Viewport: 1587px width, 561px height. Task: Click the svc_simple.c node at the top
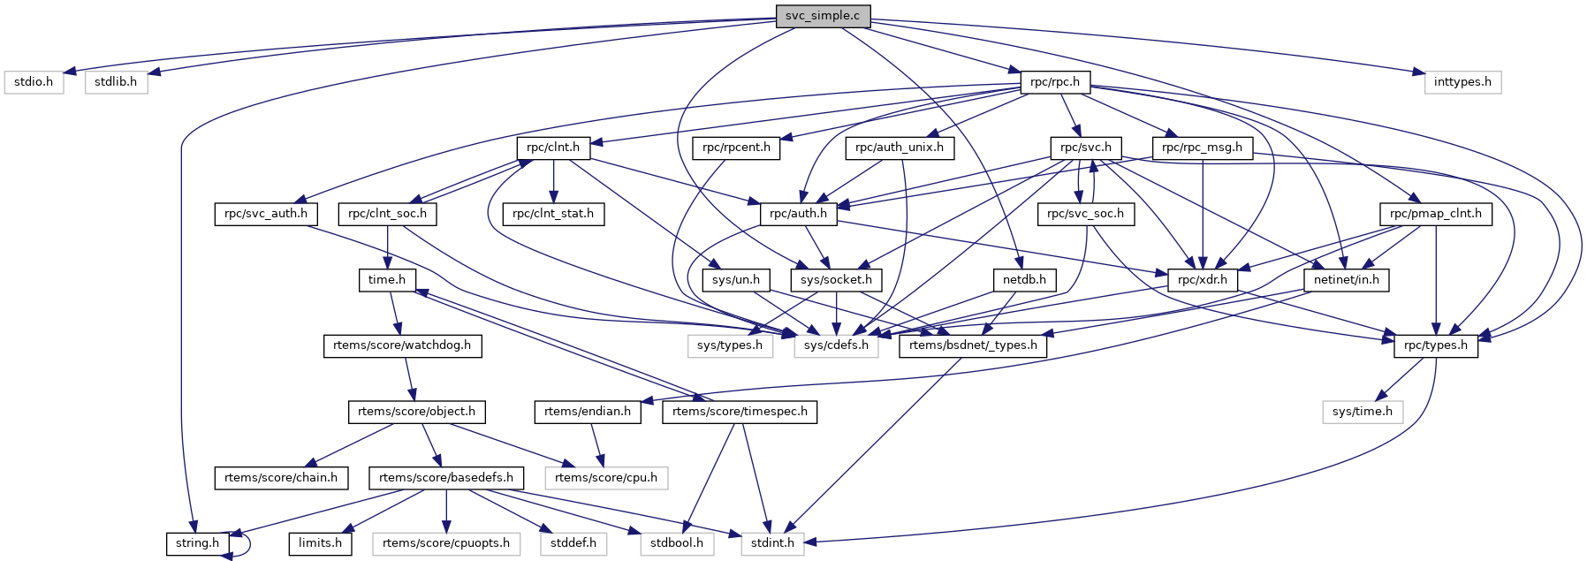[x=822, y=16]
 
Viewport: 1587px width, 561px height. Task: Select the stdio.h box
[x=34, y=82]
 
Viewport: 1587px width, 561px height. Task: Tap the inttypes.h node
[x=1462, y=82]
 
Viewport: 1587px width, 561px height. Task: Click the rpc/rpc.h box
[x=1055, y=82]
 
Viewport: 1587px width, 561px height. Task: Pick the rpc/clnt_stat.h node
[x=553, y=214]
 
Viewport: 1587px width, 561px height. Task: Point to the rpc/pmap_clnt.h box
[x=1436, y=214]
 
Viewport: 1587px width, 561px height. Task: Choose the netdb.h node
[x=1024, y=280]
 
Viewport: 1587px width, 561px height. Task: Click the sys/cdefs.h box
[x=836, y=345]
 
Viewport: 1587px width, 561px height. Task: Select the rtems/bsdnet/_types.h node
[x=973, y=345]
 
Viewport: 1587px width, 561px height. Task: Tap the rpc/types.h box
[x=1436, y=345]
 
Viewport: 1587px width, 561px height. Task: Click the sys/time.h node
[x=1362, y=412]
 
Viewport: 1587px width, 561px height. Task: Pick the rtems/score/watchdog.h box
[x=402, y=345]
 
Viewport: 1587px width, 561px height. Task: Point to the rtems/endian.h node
[x=588, y=412]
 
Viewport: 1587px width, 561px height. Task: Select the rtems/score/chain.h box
[x=281, y=478]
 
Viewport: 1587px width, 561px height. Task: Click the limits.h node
[x=320, y=543]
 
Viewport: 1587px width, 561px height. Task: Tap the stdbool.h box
[x=677, y=543]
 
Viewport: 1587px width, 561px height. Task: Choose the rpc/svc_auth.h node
[x=266, y=214]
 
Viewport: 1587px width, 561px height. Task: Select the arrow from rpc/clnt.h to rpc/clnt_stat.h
[x=553, y=181]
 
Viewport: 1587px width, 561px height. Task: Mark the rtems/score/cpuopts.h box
[x=446, y=543]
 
